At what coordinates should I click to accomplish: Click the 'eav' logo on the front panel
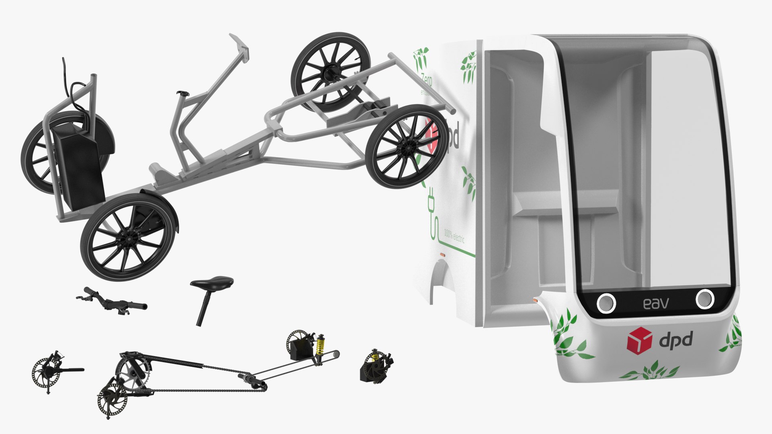pos(656,303)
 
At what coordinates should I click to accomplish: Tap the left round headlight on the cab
pos(606,302)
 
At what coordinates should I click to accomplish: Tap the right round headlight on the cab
pos(704,299)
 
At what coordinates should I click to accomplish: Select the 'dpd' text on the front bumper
pos(676,340)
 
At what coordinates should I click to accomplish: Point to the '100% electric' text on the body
pos(454,235)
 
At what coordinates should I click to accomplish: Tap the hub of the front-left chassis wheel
pos(127,239)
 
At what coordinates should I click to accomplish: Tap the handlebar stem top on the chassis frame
pos(240,47)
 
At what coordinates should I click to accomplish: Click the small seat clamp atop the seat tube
pos(184,94)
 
